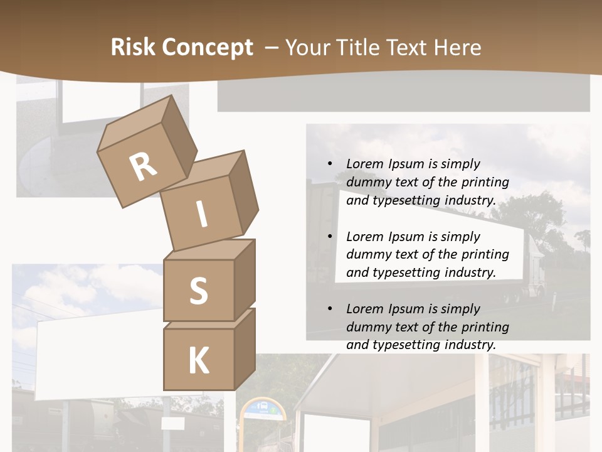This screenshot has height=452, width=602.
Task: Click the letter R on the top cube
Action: coord(143,166)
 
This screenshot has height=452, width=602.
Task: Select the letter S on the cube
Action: coord(198,291)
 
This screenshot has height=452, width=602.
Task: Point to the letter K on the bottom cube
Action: coord(198,361)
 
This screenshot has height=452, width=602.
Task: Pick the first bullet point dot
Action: coord(330,163)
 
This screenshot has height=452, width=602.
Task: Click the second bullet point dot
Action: coord(330,236)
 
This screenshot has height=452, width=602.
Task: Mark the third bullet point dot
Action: coord(330,308)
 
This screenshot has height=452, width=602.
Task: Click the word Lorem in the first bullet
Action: coord(364,164)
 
